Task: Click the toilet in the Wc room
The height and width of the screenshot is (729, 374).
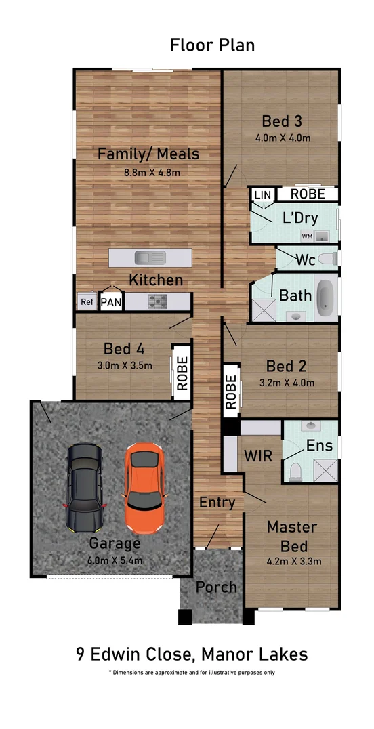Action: (x=329, y=259)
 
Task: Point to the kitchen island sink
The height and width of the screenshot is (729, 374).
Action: (x=150, y=257)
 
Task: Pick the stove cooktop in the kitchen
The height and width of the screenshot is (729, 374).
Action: (x=158, y=301)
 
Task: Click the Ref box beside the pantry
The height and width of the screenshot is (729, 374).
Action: (x=87, y=301)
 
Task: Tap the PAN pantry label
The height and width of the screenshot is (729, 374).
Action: (x=112, y=303)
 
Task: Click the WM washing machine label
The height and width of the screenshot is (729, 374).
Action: (x=307, y=236)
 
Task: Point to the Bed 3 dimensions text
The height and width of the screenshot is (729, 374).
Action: (x=283, y=138)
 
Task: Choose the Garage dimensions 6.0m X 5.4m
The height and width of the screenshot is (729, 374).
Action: (x=115, y=560)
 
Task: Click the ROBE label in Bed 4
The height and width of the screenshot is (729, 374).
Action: (x=182, y=373)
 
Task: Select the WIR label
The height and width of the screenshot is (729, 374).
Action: (x=257, y=455)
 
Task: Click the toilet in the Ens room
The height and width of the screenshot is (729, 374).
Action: (x=295, y=472)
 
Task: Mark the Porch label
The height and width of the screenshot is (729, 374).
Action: (x=216, y=587)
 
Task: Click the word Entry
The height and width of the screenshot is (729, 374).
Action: (x=217, y=503)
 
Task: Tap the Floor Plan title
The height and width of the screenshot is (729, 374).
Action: (x=212, y=45)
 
